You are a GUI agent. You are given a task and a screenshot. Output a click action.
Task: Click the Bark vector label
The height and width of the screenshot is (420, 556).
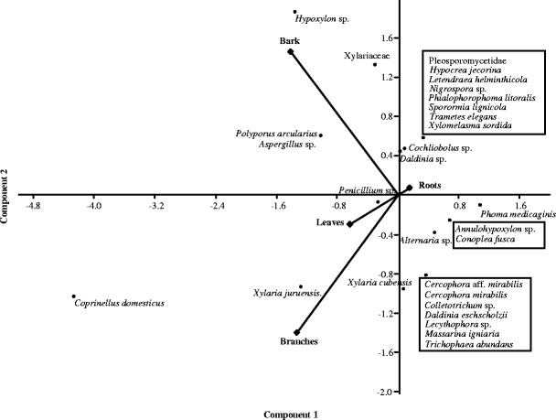(289, 41)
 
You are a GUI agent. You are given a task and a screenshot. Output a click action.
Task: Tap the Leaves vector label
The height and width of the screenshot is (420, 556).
(330, 221)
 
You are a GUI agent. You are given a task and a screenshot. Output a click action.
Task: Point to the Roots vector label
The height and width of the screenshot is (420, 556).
(430, 185)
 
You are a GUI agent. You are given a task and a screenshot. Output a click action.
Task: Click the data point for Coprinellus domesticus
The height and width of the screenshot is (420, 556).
(73, 296)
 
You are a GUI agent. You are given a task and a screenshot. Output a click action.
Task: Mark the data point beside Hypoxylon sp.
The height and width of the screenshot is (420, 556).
(294, 12)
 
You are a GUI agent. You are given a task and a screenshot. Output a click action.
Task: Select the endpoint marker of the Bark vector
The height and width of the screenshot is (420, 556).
(291, 52)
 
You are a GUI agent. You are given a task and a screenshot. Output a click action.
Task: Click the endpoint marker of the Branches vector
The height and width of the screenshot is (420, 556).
(296, 332)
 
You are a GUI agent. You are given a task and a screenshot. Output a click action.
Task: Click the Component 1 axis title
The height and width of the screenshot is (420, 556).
(291, 414)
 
